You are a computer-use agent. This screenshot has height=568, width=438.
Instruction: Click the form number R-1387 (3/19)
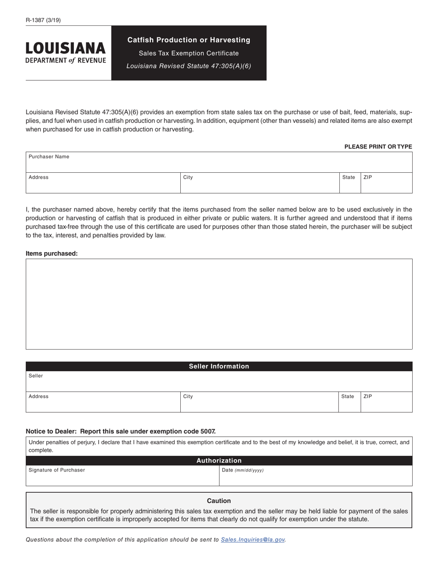43,20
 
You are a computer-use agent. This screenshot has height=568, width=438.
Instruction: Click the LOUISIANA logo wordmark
65,48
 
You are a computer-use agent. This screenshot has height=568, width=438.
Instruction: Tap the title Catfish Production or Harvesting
189,40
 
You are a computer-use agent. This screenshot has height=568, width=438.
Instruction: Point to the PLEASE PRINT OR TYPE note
378,147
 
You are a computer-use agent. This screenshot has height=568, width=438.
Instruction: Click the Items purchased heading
52,254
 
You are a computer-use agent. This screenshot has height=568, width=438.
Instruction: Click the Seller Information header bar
219,366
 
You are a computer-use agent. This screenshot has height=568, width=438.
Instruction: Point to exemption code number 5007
207,431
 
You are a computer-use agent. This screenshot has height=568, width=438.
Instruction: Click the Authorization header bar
219,460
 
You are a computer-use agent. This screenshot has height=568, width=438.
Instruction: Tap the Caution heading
219,501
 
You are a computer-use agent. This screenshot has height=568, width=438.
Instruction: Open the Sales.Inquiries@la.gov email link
253,539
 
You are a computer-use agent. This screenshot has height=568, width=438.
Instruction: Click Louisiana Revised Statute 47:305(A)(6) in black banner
189,66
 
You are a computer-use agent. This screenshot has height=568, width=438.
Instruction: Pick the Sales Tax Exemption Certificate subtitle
189,53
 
